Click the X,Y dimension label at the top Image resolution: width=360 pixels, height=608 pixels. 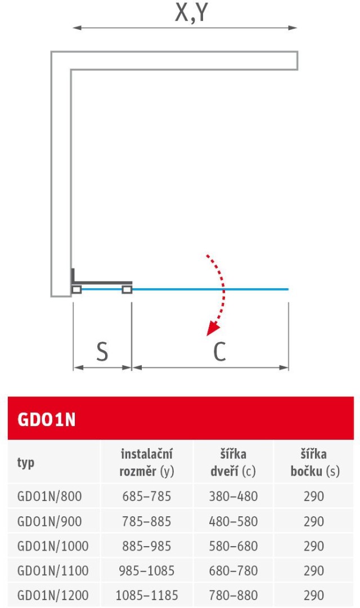point(191,14)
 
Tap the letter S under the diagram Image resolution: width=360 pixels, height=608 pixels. point(102,352)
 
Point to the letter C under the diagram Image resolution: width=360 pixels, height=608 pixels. point(219,352)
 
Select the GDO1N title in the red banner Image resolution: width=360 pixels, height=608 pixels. point(47,421)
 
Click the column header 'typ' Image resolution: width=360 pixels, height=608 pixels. point(26,463)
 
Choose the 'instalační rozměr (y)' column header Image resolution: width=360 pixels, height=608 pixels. point(147,463)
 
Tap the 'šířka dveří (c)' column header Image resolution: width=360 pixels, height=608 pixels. point(233,463)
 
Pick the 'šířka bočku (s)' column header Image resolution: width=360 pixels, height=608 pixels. point(315,463)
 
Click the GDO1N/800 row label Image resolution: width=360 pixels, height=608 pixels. point(49,497)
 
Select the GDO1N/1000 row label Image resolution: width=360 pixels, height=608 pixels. point(53,546)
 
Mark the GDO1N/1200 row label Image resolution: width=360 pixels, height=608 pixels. point(53,595)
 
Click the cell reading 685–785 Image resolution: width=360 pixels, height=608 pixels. point(147,497)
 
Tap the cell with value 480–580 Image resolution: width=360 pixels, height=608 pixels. point(233,521)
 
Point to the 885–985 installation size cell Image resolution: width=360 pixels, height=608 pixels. point(147,546)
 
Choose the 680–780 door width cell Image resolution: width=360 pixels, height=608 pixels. point(233,571)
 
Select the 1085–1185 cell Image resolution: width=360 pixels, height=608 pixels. point(147,595)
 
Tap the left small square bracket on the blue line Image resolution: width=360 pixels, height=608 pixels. point(77,289)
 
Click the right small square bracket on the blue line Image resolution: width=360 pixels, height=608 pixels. point(127,289)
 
